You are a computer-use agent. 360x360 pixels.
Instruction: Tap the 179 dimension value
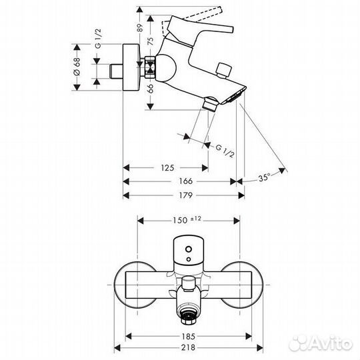186,195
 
